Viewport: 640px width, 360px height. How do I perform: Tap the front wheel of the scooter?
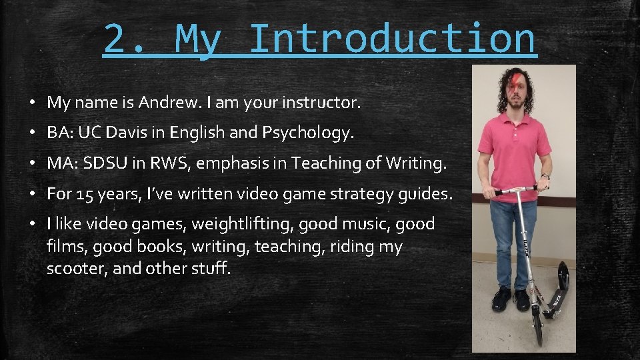click(x=536, y=334)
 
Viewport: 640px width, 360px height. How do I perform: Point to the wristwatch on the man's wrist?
click(x=545, y=177)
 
